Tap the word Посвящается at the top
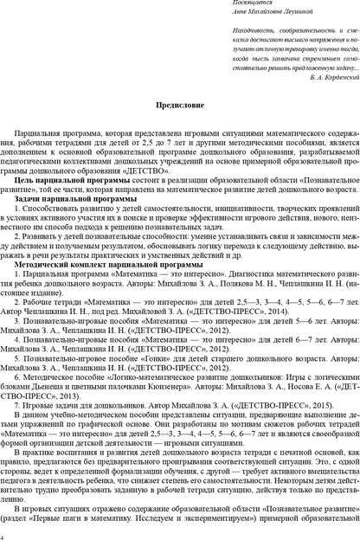pos(228,4)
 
